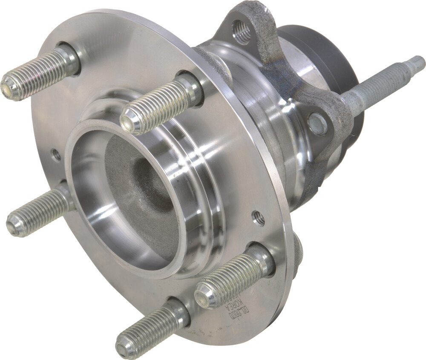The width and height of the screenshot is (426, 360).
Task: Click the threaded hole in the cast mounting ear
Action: point(242,31)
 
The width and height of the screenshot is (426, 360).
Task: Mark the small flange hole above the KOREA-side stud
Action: point(258,218)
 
